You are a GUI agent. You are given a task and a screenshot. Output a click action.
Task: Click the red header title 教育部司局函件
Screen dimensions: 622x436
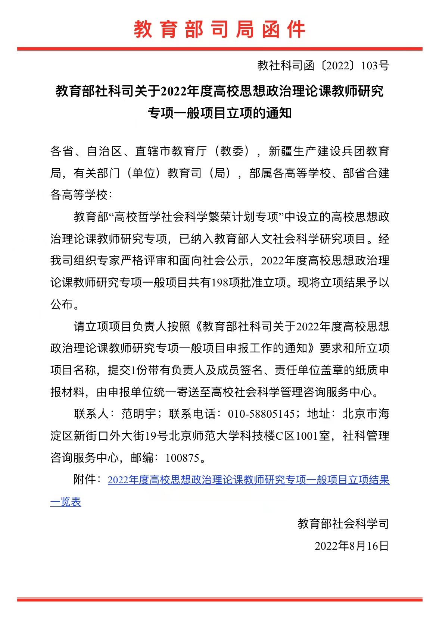219,29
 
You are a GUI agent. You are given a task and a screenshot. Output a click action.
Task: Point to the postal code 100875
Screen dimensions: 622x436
182,458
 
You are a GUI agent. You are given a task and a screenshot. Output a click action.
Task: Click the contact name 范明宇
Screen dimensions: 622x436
139,414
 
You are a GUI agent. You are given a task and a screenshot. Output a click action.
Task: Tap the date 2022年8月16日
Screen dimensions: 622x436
352,546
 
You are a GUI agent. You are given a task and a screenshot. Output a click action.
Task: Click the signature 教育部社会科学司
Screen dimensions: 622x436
343,524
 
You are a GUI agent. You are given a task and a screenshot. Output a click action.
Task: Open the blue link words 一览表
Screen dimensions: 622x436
66,502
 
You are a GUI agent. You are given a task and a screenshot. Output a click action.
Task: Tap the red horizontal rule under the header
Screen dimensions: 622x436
219,49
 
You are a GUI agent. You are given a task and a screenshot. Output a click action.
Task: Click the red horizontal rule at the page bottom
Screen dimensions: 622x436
219,600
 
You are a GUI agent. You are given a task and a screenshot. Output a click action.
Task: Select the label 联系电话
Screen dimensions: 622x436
192,414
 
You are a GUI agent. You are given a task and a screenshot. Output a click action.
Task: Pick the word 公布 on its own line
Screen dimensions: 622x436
62,304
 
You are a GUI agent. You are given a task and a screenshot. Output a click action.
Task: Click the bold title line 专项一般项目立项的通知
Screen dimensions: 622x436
219,113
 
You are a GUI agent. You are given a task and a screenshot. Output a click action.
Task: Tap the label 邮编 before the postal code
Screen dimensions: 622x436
142,458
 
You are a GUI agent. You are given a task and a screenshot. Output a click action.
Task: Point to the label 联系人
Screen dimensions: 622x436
91,414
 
